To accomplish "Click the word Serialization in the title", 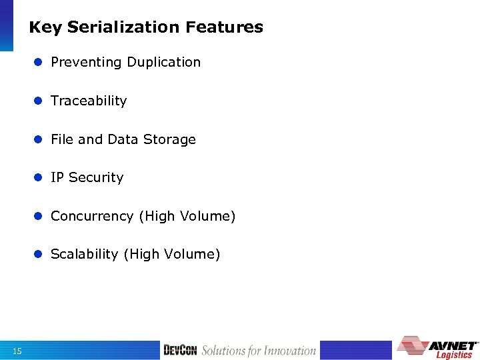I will [124, 27].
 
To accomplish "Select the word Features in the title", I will [225, 27].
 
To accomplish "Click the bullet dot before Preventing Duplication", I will [39, 62].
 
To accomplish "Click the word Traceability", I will [89, 101].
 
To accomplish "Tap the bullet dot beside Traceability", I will [39, 101].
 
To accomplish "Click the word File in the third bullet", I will [63, 139].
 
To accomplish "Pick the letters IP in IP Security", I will [57, 177].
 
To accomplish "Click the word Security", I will [96, 177].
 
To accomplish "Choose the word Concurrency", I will [92, 216].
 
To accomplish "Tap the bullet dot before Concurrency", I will [39, 216].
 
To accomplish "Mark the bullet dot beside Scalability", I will [39, 254].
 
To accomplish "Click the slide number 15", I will [17, 351].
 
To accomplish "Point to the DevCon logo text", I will [180, 351].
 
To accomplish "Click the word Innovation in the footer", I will [289, 351].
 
